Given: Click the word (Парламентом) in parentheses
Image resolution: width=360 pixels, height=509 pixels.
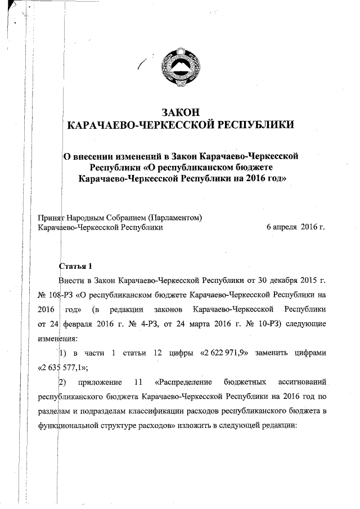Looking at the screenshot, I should (x=174, y=218).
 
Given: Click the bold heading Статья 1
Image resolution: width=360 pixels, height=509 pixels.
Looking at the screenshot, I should (x=73, y=265).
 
